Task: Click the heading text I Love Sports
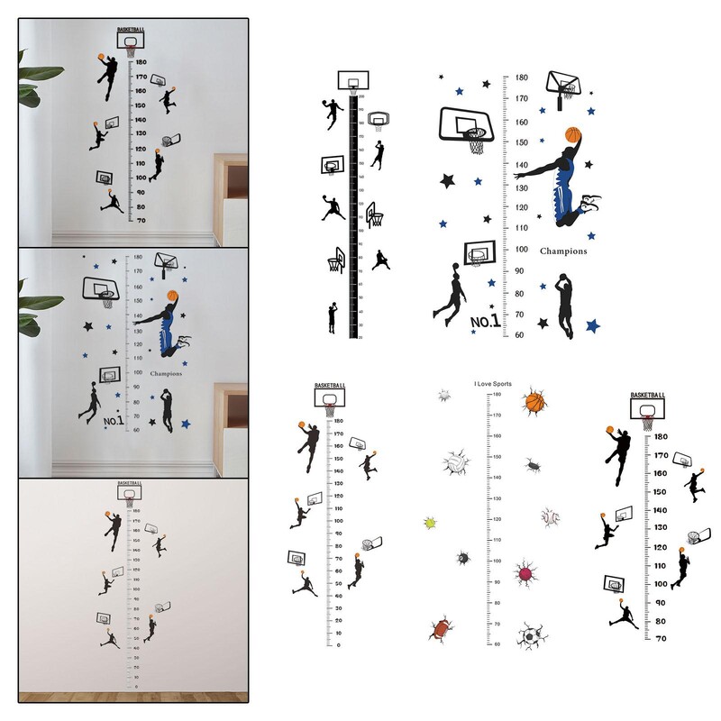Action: click(492, 384)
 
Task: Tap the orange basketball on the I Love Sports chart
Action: click(534, 401)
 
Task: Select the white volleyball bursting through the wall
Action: click(453, 463)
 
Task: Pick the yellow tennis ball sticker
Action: click(430, 523)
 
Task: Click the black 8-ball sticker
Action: click(462, 559)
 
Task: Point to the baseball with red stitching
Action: click(549, 517)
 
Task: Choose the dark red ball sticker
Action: click(525, 572)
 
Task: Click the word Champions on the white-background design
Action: click(563, 251)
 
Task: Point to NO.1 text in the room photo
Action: click(113, 420)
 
